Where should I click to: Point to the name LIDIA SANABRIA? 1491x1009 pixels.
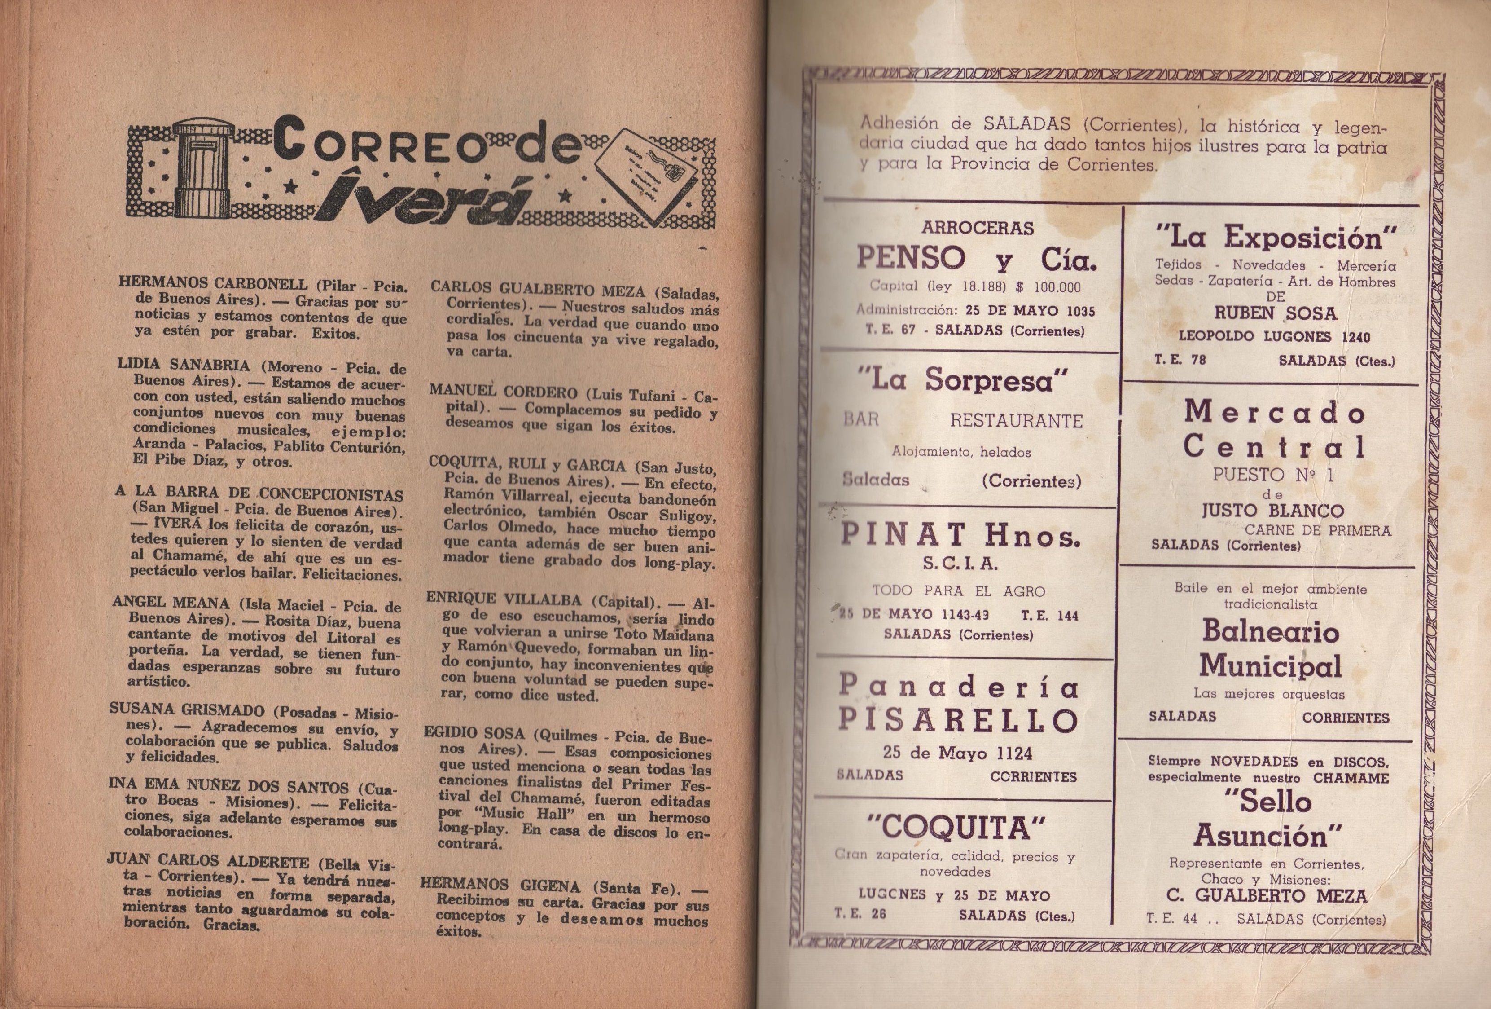[184, 365]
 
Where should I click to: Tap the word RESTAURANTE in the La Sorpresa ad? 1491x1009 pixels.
[1016, 421]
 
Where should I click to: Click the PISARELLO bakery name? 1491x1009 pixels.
[958, 721]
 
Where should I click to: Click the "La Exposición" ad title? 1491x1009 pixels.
[1276, 238]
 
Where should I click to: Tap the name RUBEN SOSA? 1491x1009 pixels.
[1275, 313]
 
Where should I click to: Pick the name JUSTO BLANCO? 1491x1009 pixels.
[1272, 511]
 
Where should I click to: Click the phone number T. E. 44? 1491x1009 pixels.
[1171, 919]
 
